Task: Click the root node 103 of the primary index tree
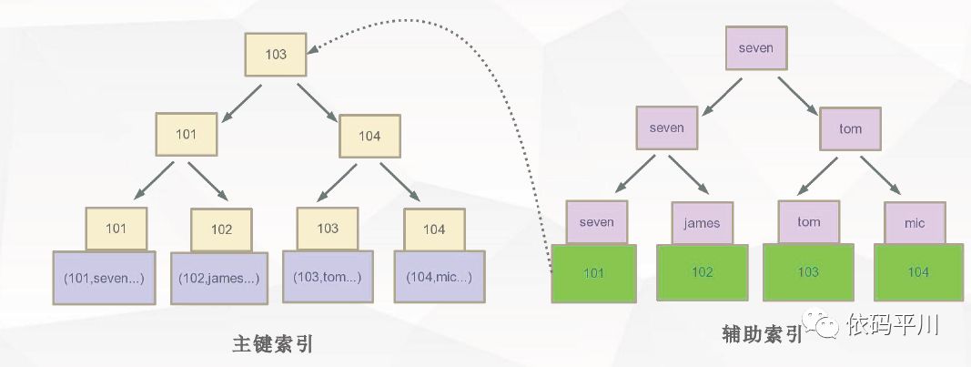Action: (276, 55)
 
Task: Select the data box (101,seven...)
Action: (104, 277)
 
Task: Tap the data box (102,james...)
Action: (219, 278)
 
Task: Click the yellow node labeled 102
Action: (221, 229)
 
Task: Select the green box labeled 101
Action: (593, 271)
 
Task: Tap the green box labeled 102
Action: (701, 271)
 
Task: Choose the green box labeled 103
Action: (807, 271)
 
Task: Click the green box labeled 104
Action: (917, 271)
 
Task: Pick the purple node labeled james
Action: (702, 223)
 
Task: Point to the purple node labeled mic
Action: (915, 223)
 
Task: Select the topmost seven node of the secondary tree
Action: (755, 48)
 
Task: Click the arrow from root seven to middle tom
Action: (799, 93)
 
